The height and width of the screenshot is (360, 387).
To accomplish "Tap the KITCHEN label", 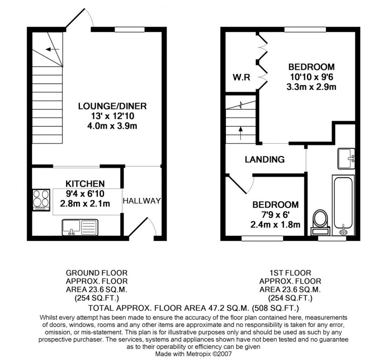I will [86, 184].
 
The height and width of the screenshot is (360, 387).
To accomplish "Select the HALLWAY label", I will [142, 200].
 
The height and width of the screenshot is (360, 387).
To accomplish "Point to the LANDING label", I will [265, 159].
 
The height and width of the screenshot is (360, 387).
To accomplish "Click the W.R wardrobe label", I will [239, 75].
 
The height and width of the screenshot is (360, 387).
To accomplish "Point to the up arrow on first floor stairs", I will [240, 134].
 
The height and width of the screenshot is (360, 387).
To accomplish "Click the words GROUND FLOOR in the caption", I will [96, 273].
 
